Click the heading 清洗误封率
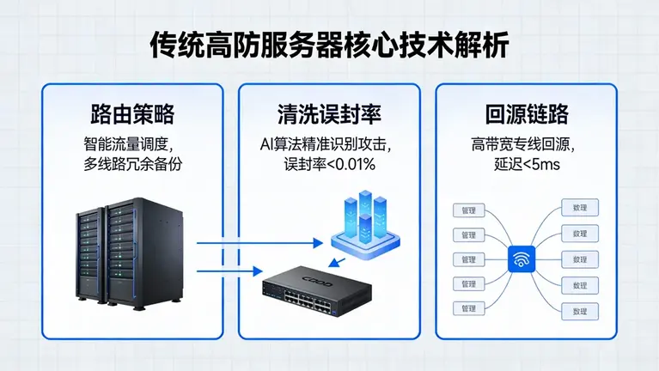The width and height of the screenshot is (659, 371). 329,115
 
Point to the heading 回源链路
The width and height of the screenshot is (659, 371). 527,115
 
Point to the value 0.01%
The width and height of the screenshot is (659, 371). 357,163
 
